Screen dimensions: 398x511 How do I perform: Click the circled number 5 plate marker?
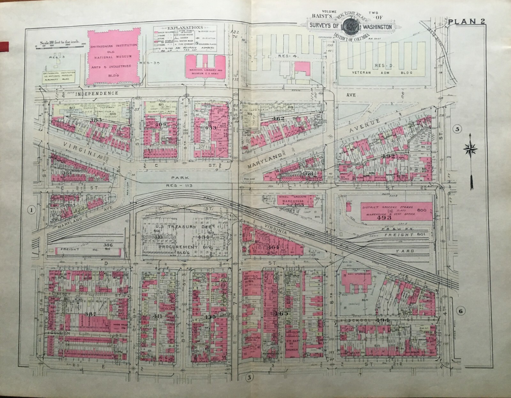(x=457, y=129)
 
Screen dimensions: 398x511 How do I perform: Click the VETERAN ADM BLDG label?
(x=380, y=73)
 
